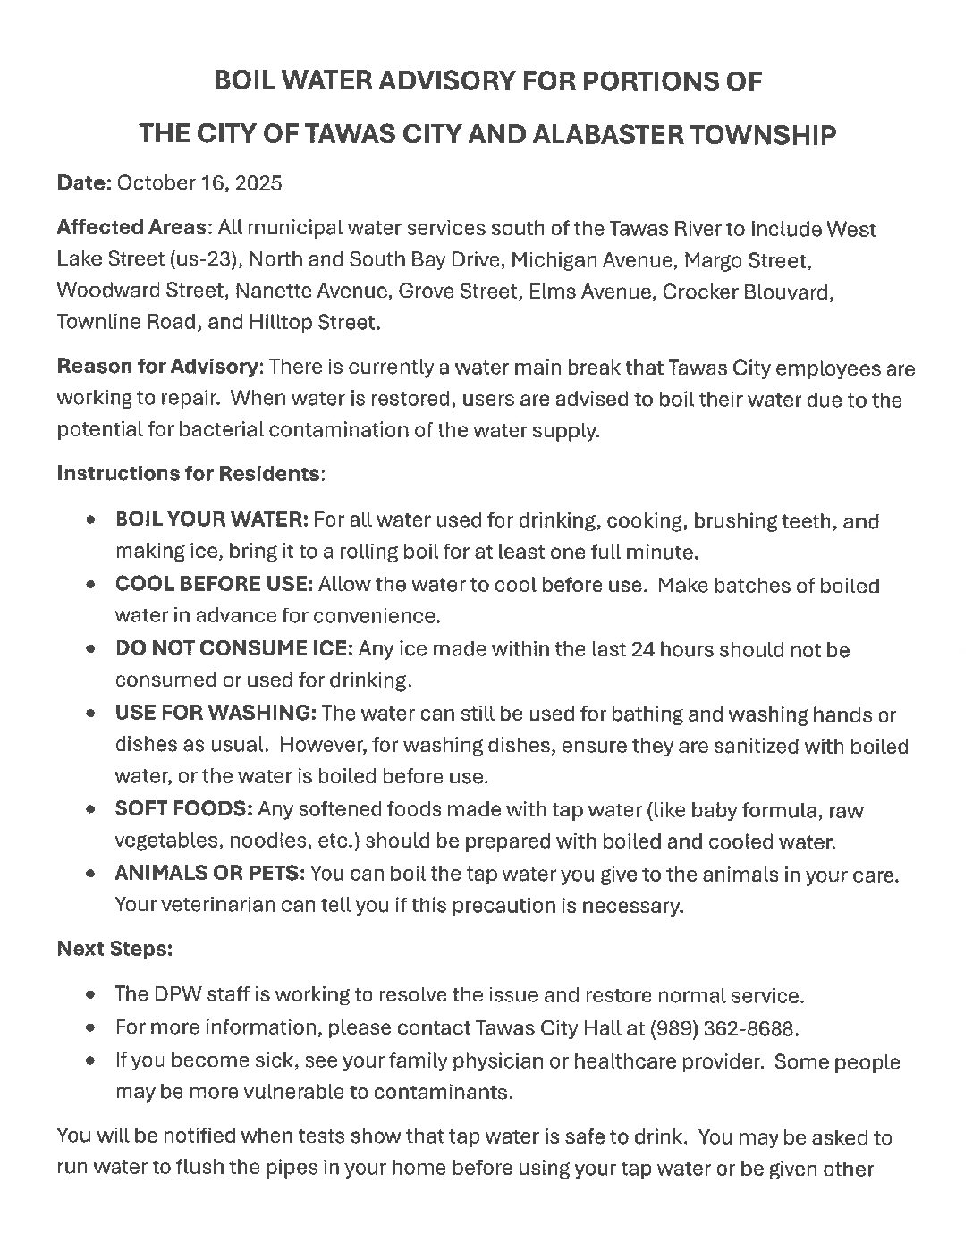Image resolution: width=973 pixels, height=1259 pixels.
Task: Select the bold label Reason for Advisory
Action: [159, 368]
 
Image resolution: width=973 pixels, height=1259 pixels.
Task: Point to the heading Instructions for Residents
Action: [189, 473]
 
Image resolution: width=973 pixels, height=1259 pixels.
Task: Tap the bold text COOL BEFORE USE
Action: [213, 586]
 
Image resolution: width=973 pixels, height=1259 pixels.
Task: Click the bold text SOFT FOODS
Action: [183, 810]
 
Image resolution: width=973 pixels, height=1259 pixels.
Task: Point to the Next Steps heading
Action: [114, 949]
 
